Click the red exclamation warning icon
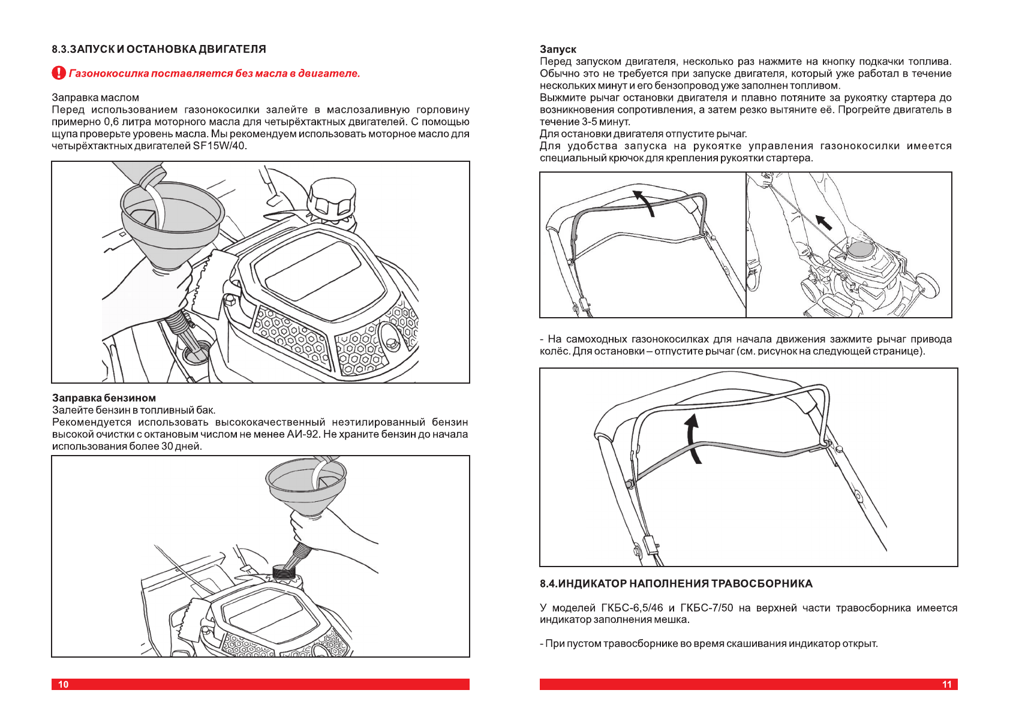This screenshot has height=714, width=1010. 58,73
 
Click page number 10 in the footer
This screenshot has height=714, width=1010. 64,684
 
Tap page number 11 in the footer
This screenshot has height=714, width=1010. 946,684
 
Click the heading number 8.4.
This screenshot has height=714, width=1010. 548,583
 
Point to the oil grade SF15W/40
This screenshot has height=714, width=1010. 219,146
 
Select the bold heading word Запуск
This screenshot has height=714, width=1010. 558,49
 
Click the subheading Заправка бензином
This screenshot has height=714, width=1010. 104,397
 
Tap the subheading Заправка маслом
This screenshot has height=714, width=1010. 95,98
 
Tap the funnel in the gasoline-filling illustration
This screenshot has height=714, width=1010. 306,486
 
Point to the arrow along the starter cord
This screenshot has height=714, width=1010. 823,222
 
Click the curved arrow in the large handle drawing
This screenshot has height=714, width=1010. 693,438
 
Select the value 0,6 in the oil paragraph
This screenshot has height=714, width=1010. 111,122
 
